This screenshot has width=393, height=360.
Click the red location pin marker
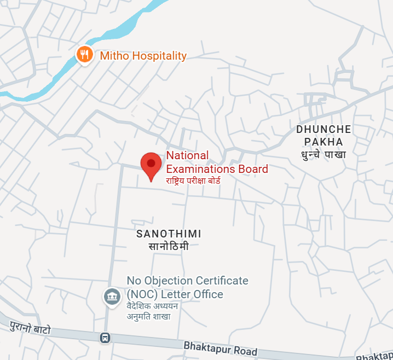151,165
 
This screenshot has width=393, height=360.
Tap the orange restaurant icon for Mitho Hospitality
84,54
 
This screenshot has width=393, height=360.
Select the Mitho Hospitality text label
143,56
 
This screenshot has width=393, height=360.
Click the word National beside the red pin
188,156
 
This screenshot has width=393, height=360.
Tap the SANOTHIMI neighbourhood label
169,234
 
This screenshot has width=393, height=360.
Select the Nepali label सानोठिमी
169,246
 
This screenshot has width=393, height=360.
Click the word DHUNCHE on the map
323,130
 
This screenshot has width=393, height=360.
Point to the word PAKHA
324,142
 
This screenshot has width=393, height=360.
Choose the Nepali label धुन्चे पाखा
323,155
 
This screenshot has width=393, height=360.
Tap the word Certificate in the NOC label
218,281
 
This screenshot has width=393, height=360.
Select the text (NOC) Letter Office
175,294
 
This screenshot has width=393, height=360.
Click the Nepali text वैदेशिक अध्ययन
156,306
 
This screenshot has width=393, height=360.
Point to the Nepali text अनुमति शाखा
149,316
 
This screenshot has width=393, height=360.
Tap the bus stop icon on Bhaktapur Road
105,338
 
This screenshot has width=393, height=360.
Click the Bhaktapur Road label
221,348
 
